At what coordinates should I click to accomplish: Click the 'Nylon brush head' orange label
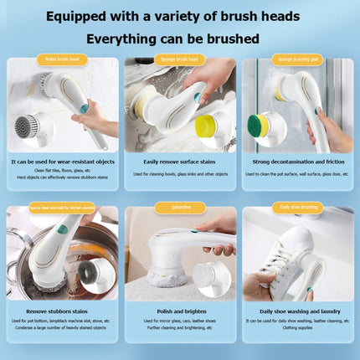tap(61, 59)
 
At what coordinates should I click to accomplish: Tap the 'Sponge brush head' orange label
tap(180, 59)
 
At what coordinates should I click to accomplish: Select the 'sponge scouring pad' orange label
tap(297, 59)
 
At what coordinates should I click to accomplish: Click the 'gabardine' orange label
tap(180, 207)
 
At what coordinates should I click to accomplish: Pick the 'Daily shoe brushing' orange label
tap(297, 207)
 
